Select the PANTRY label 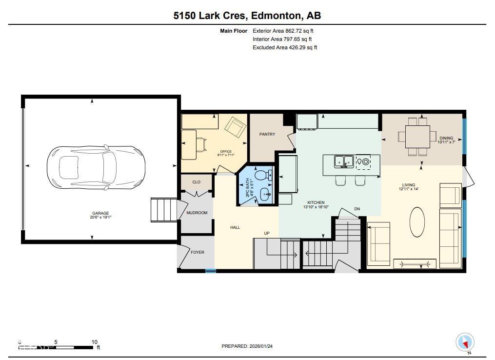[x=267, y=134]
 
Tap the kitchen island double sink [x=344, y=161]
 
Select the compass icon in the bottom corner [x=465, y=342]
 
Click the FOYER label [x=198, y=252]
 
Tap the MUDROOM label [x=197, y=213]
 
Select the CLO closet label [x=196, y=182]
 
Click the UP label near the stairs [x=267, y=233]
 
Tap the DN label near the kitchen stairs [x=357, y=209]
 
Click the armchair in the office [x=236, y=127]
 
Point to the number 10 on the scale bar [x=95, y=342]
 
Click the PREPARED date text [x=247, y=346]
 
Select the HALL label [x=235, y=227]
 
